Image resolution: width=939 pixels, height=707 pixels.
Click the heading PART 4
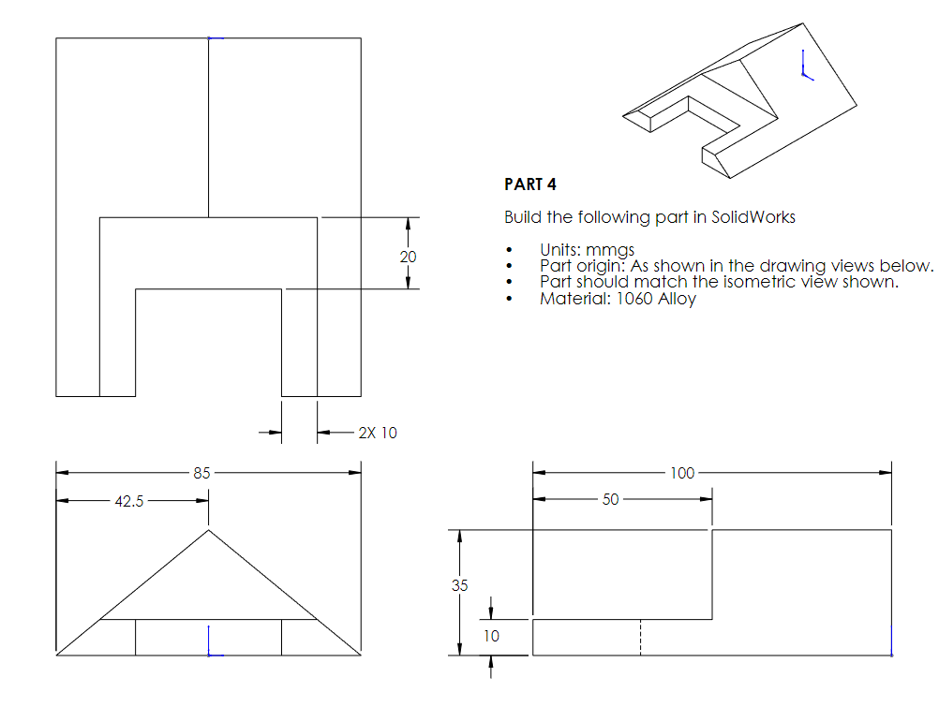[x=529, y=184]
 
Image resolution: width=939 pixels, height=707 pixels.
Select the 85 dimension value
[x=201, y=473]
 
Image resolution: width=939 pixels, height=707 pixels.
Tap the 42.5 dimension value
[x=128, y=501]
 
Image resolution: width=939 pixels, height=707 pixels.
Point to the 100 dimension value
[x=682, y=473]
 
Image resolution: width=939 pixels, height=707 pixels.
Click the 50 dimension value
[x=610, y=499]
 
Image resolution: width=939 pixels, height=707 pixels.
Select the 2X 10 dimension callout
[x=377, y=433]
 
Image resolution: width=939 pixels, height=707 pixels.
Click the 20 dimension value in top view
[x=408, y=256]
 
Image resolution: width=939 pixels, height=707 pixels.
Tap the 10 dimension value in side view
[x=491, y=636]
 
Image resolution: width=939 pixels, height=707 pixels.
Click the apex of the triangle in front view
[x=208, y=530]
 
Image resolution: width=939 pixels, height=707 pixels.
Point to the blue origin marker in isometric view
[x=804, y=66]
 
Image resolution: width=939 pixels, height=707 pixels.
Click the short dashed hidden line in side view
[x=640, y=637]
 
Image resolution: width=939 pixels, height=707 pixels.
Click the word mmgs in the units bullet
[x=611, y=250]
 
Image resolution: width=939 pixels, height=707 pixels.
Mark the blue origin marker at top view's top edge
[x=213, y=38]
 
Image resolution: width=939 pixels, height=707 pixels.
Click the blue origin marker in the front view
[x=211, y=643]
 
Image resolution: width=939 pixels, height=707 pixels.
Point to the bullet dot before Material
[x=508, y=299]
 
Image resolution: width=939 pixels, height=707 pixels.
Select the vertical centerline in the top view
[x=208, y=131]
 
